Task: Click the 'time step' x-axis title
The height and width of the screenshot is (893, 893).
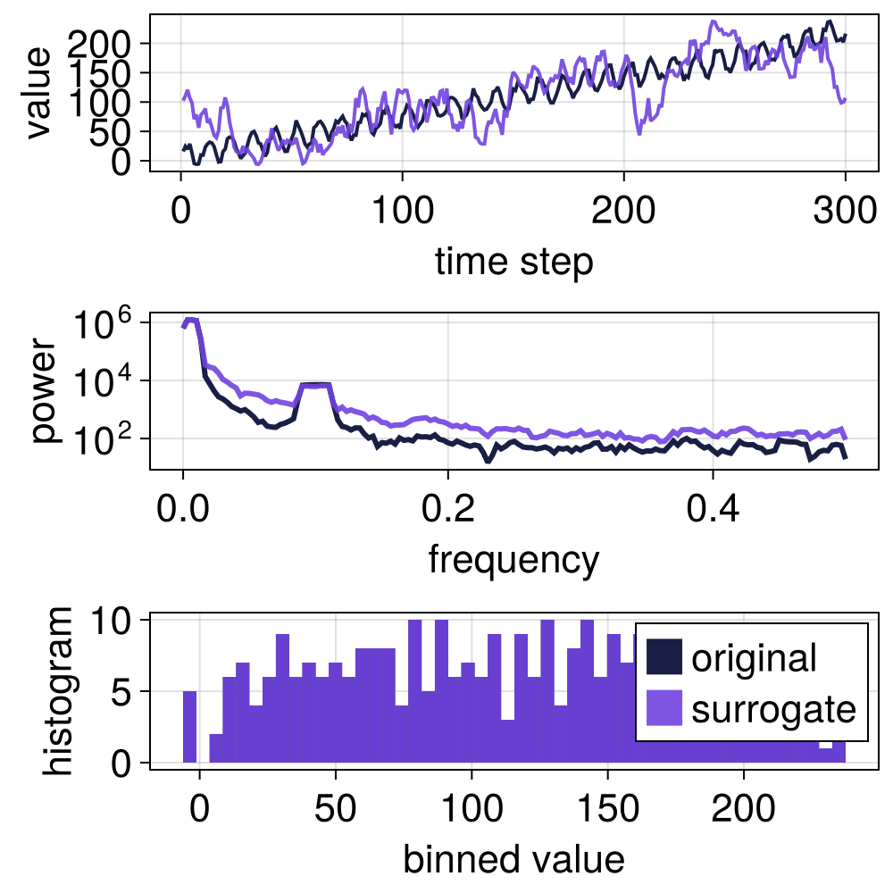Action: tap(513, 263)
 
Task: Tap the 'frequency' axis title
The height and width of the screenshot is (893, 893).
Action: tap(513, 560)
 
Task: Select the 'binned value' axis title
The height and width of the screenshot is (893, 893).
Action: tap(513, 859)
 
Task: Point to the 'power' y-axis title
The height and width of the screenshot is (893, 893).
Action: tap(43, 391)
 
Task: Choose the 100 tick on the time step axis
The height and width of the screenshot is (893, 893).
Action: tap(403, 214)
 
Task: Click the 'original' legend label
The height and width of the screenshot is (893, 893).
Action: tap(754, 657)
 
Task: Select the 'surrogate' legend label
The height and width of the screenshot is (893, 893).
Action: tap(773, 709)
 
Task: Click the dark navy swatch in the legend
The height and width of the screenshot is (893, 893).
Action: tap(663, 657)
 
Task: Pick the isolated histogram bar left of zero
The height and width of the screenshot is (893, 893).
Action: tap(189, 727)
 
